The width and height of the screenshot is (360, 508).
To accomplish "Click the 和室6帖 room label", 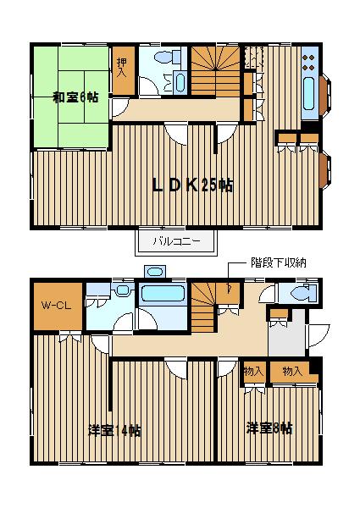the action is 75,97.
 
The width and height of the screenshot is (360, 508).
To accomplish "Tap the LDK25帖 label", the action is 192,185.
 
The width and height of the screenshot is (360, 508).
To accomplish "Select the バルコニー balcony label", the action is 176,241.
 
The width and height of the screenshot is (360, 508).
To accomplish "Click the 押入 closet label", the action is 121,68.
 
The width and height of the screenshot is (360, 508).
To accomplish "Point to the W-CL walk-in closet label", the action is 56,305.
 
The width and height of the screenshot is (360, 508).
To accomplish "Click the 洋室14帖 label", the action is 114,431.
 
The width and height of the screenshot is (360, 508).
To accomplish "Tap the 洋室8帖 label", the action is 269,428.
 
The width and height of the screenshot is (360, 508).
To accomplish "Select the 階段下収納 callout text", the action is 279,262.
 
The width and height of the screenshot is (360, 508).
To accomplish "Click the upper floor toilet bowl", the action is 168,57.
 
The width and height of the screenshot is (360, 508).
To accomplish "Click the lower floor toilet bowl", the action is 303,293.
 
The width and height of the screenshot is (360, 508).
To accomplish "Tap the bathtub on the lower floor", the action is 161,294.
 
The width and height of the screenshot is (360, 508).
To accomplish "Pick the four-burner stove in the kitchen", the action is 308,62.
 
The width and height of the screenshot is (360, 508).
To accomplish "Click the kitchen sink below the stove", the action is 309,93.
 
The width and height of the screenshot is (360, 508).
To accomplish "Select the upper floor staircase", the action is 215,70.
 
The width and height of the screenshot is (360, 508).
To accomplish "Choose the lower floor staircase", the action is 202,307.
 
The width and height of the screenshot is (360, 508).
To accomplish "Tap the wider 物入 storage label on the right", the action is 292,371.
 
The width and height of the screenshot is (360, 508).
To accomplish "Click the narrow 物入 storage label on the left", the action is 254,372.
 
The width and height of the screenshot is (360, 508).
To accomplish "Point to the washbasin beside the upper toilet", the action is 180,83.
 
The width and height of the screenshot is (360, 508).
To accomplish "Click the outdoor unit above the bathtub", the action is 156,272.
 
